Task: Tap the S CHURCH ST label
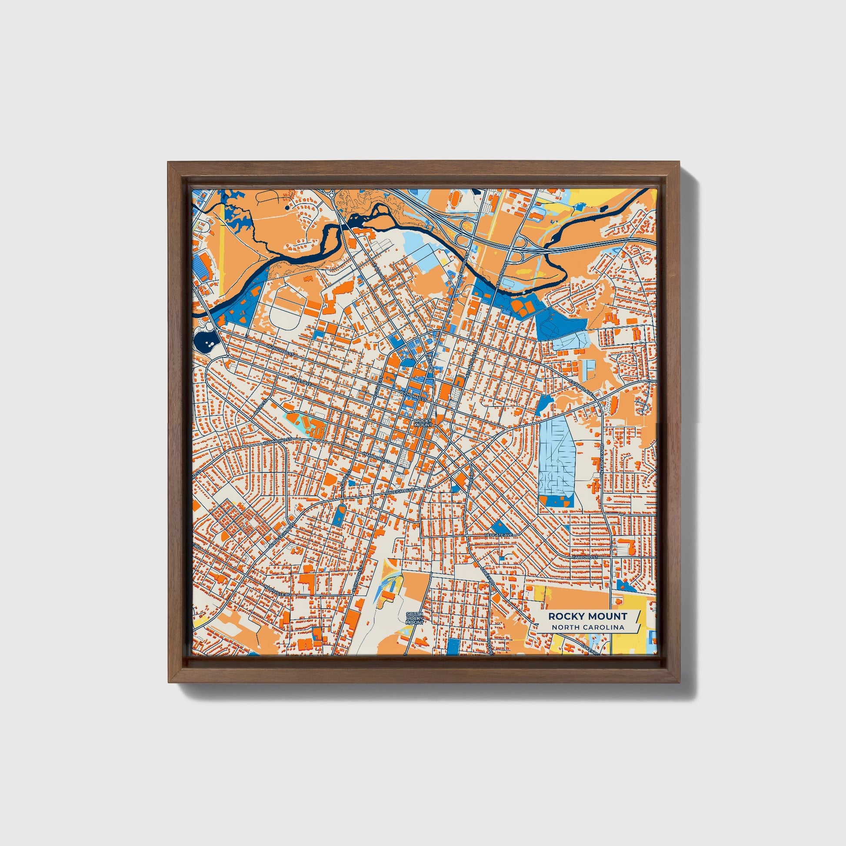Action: click(x=357, y=581)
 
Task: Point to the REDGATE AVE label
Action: click(x=498, y=535)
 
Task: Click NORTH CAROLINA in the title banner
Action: click(x=588, y=627)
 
